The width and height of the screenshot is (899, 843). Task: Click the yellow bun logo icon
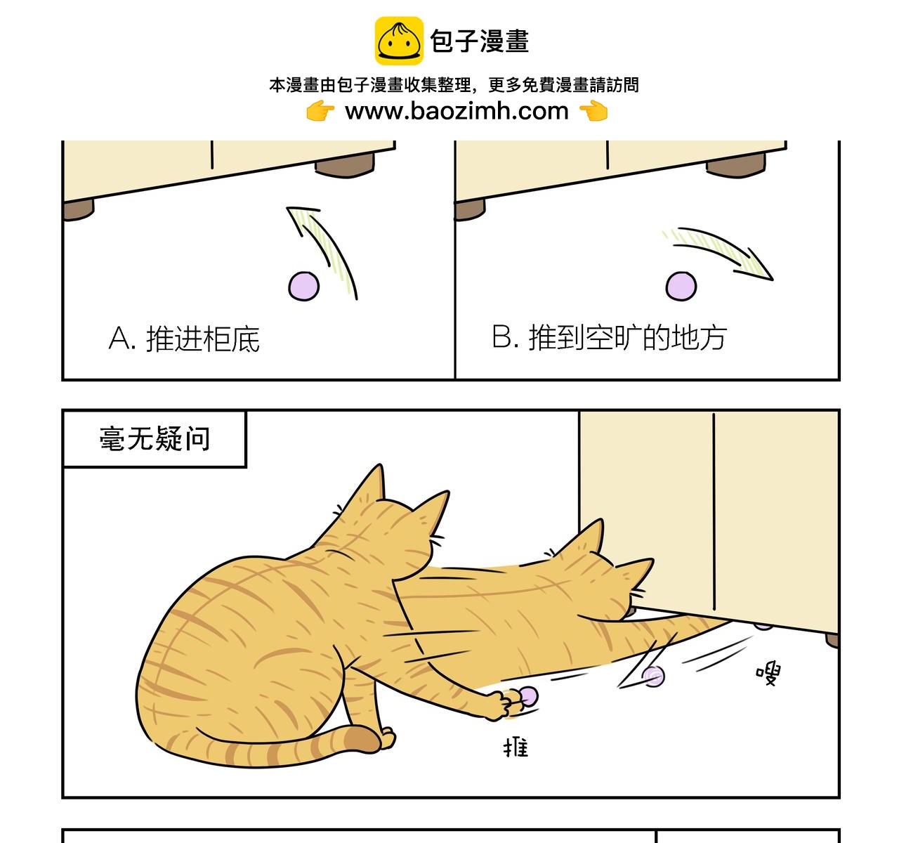point(399,41)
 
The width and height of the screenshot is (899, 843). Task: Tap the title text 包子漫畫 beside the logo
point(480,41)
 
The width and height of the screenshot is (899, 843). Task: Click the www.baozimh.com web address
point(457,111)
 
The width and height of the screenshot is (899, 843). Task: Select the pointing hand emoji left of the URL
point(320,111)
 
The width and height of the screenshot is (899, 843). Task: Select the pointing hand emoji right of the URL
point(593,111)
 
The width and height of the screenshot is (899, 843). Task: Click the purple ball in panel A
point(304,286)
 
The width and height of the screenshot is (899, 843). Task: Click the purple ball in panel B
point(681,287)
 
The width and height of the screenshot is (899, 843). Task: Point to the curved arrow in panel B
point(723,249)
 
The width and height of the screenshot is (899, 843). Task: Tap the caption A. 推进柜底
point(185,339)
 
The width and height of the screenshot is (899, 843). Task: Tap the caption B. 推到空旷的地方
point(609,338)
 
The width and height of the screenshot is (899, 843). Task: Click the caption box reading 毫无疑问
point(155,439)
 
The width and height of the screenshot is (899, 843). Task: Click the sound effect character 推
point(516,747)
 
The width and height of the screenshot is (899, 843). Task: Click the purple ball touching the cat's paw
point(527,696)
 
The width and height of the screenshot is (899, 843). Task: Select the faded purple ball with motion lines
point(654,676)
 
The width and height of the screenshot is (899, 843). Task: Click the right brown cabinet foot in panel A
point(344,167)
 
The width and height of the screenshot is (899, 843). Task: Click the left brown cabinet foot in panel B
point(470,209)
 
